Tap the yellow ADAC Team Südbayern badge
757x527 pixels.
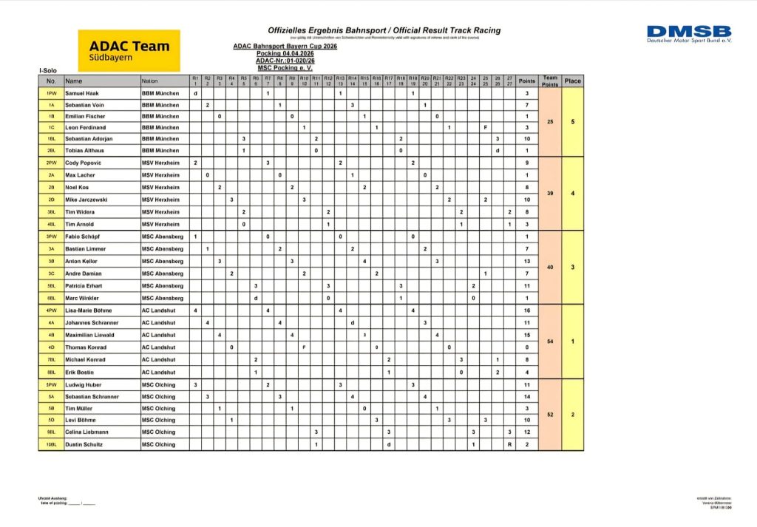click(x=129, y=50)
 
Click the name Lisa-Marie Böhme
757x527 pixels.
click(x=87, y=310)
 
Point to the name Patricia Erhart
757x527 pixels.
click(x=85, y=285)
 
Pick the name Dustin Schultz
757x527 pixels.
click(x=84, y=445)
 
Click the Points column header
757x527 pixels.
click(x=527, y=81)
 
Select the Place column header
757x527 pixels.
click(x=572, y=81)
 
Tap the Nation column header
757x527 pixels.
click(x=150, y=81)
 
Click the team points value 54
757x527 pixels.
click(x=549, y=341)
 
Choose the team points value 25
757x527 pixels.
click(x=549, y=121)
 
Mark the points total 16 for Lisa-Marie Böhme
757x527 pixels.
click(x=527, y=310)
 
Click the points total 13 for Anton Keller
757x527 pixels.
click(x=527, y=261)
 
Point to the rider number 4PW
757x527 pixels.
click(x=52, y=310)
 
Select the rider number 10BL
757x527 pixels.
click(x=52, y=445)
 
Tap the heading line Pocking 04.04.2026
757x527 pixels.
click(x=285, y=54)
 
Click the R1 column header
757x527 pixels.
click(x=195, y=81)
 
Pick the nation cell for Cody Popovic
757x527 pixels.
click(x=160, y=163)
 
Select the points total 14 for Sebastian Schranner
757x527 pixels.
click(x=527, y=397)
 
